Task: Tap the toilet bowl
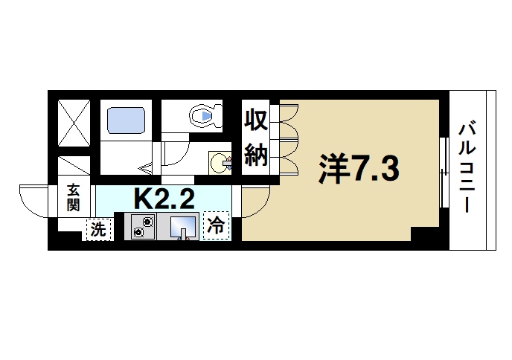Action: [x=205, y=116]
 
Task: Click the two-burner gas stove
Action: [x=144, y=226]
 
